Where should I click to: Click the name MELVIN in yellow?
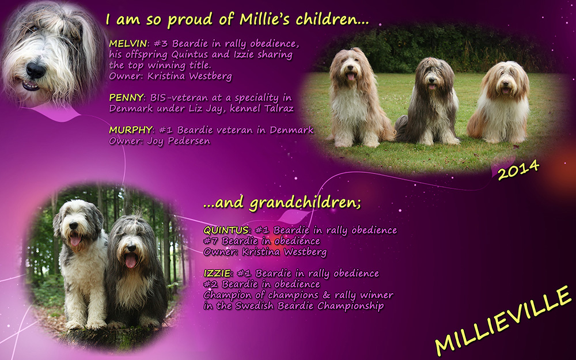pyautogui.click(x=128, y=44)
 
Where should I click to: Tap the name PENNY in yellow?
pyautogui.click(x=126, y=98)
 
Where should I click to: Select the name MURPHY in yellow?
pyautogui.click(x=130, y=130)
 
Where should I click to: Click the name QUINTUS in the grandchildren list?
pyautogui.click(x=226, y=230)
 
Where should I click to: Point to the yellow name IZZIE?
pyautogui.click(x=217, y=273)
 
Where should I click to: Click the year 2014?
pyautogui.click(x=518, y=170)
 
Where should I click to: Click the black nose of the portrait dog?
pyautogui.click(x=36, y=69)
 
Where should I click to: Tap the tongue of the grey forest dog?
pyautogui.click(x=130, y=260)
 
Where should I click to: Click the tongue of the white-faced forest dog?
pyautogui.click(x=75, y=240)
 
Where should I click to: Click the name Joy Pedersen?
pyautogui.click(x=179, y=141)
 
